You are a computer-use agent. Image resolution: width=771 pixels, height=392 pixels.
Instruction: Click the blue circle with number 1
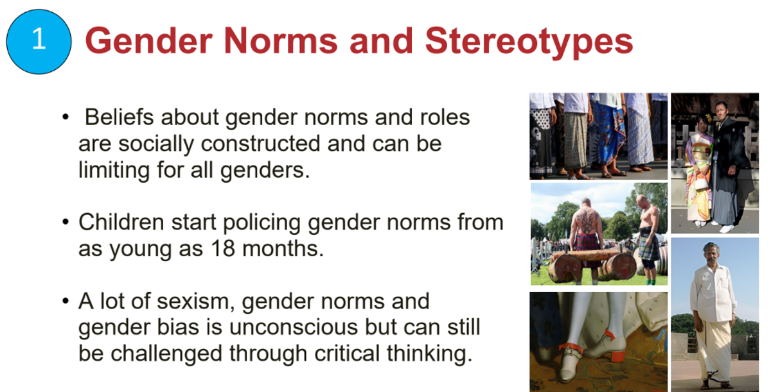click(39, 42)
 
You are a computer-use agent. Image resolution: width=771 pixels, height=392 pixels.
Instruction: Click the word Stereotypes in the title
click(529, 42)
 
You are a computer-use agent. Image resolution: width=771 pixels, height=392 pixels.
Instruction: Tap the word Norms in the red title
click(281, 41)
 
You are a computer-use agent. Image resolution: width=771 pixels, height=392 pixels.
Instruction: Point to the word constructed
click(261, 143)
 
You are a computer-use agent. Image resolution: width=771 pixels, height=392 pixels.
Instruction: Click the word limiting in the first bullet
click(114, 171)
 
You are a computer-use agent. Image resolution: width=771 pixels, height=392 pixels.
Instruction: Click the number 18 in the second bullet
click(223, 248)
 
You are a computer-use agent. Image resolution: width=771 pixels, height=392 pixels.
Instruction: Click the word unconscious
click(293, 327)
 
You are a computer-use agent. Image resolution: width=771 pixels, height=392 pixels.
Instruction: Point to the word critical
click(347, 354)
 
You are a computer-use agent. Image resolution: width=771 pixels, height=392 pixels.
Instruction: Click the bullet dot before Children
click(66, 221)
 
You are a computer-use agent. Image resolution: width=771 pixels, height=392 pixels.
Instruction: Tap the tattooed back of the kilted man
click(586, 220)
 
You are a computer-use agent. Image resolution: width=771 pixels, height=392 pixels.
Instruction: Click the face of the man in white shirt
click(711, 254)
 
